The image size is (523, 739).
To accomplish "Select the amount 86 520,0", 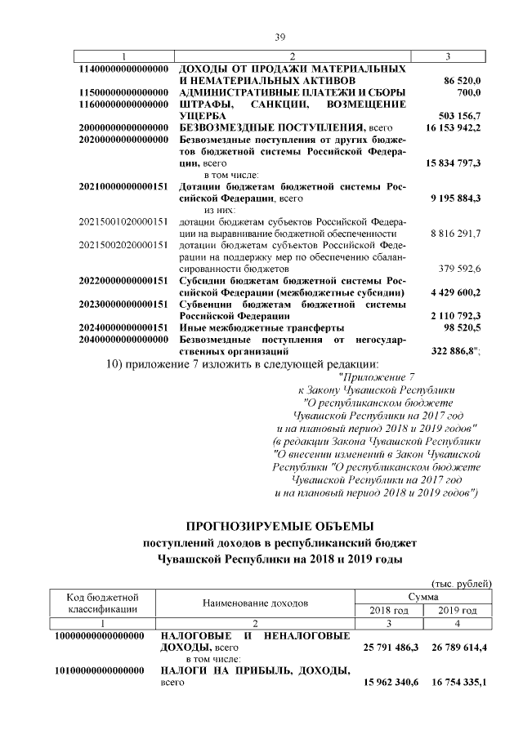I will click(x=463, y=82).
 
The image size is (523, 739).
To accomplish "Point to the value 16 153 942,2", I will click(x=453, y=128).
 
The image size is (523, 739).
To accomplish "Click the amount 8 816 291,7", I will click(x=455, y=233).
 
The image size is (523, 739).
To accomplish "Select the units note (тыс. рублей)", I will click(x=461, y=583).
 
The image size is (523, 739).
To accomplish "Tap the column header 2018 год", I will click(x=389, y=611).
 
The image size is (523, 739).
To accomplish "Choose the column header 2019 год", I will click(x=457, y=611).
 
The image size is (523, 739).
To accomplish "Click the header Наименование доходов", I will click(x=257, y=603).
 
